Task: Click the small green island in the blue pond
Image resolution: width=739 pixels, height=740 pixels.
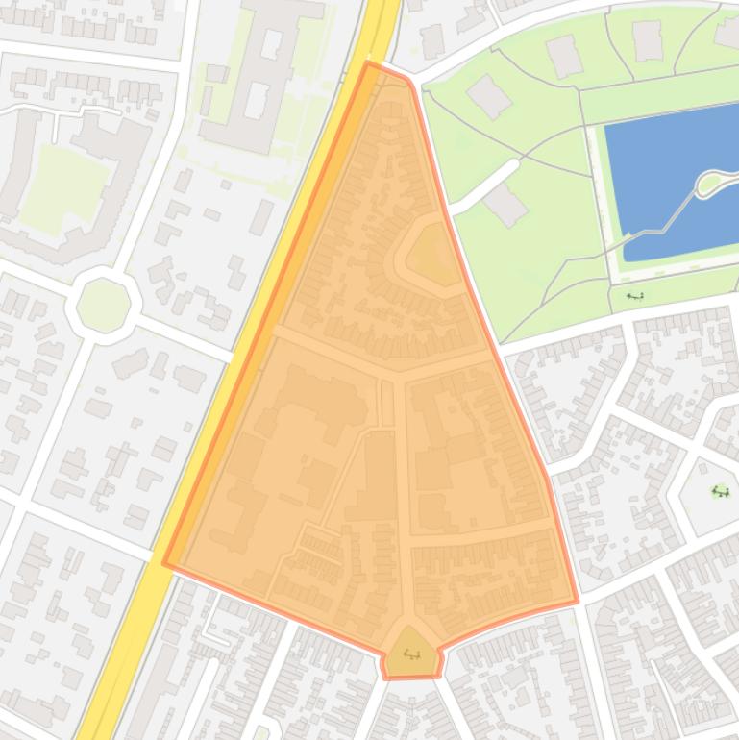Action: coord(711,182)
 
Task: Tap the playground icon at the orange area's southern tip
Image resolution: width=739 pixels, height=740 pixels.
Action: coord(412,654)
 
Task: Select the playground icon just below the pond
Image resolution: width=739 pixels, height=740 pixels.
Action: coord(634,296)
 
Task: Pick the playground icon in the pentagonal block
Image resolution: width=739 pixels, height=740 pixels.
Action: coord(720,492)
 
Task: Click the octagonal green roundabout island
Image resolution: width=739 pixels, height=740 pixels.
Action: coord(103,305)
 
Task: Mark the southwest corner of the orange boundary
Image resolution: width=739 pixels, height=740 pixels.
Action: coord(165,563)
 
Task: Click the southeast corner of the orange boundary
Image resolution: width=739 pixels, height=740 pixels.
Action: coord(577,602)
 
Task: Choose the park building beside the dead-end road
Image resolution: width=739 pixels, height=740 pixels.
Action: coord(505,204)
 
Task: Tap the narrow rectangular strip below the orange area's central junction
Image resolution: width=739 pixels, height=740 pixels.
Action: coord(388,404)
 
